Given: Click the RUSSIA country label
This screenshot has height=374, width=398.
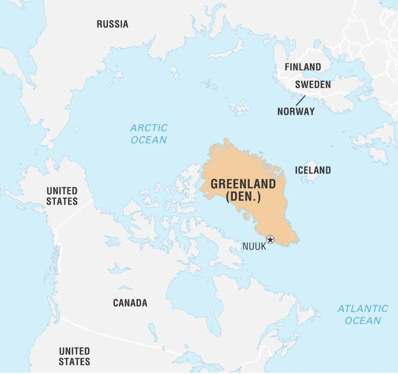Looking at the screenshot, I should [112, 24].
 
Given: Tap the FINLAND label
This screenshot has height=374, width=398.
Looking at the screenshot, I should [302, 67].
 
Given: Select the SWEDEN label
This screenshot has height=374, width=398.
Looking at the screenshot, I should [313, 84].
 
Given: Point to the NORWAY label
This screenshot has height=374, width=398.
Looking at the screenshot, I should [296, 112].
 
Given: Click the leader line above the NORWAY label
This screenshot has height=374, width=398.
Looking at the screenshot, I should [300, 100].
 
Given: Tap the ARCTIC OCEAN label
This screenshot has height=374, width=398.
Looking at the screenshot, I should [149, 134].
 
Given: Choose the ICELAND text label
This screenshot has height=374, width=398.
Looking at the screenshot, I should [313, 170].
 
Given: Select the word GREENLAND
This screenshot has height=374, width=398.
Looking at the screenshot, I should [243, 184].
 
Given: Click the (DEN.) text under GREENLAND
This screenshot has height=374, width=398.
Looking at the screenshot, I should [243, 197].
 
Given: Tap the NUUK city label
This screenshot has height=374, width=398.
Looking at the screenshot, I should [254, 246].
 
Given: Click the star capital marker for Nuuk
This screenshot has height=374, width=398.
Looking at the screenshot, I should [270, 240].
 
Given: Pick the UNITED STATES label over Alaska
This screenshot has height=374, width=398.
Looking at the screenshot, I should [62, 196].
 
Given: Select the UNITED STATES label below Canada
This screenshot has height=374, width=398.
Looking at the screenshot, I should [74, 356].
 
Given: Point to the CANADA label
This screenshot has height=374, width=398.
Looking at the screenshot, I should [130, 303].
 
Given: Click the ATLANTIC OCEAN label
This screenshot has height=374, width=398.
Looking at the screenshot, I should [362, 314].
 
